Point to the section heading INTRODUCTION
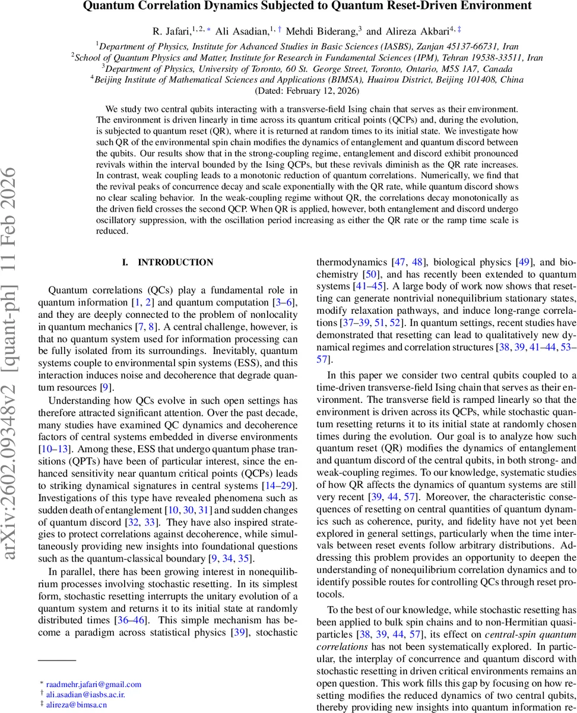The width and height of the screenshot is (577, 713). point(175,262)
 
